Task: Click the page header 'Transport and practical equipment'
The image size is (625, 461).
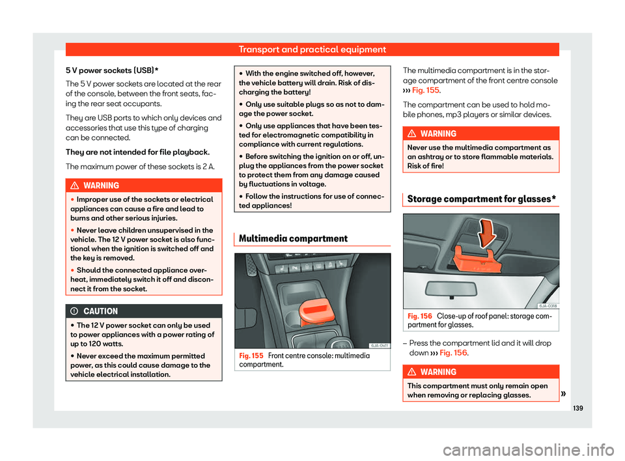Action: click(x=312, y=49)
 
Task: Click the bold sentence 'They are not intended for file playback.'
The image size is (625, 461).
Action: click(x=127, y=151)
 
